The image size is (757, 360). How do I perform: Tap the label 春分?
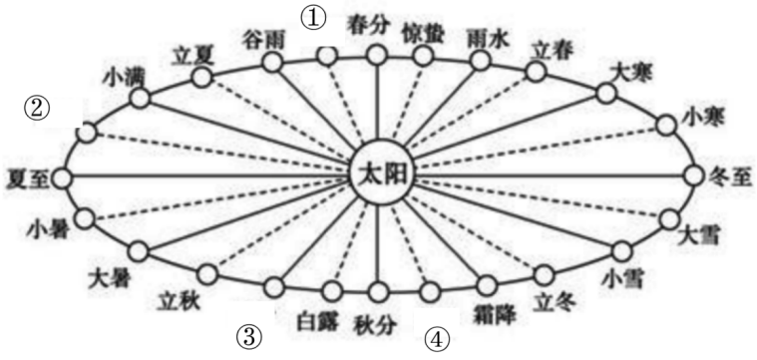coord(365,21)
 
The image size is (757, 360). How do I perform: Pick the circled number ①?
coord(315,17)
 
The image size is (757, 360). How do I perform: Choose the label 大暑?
coord(109,271)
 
